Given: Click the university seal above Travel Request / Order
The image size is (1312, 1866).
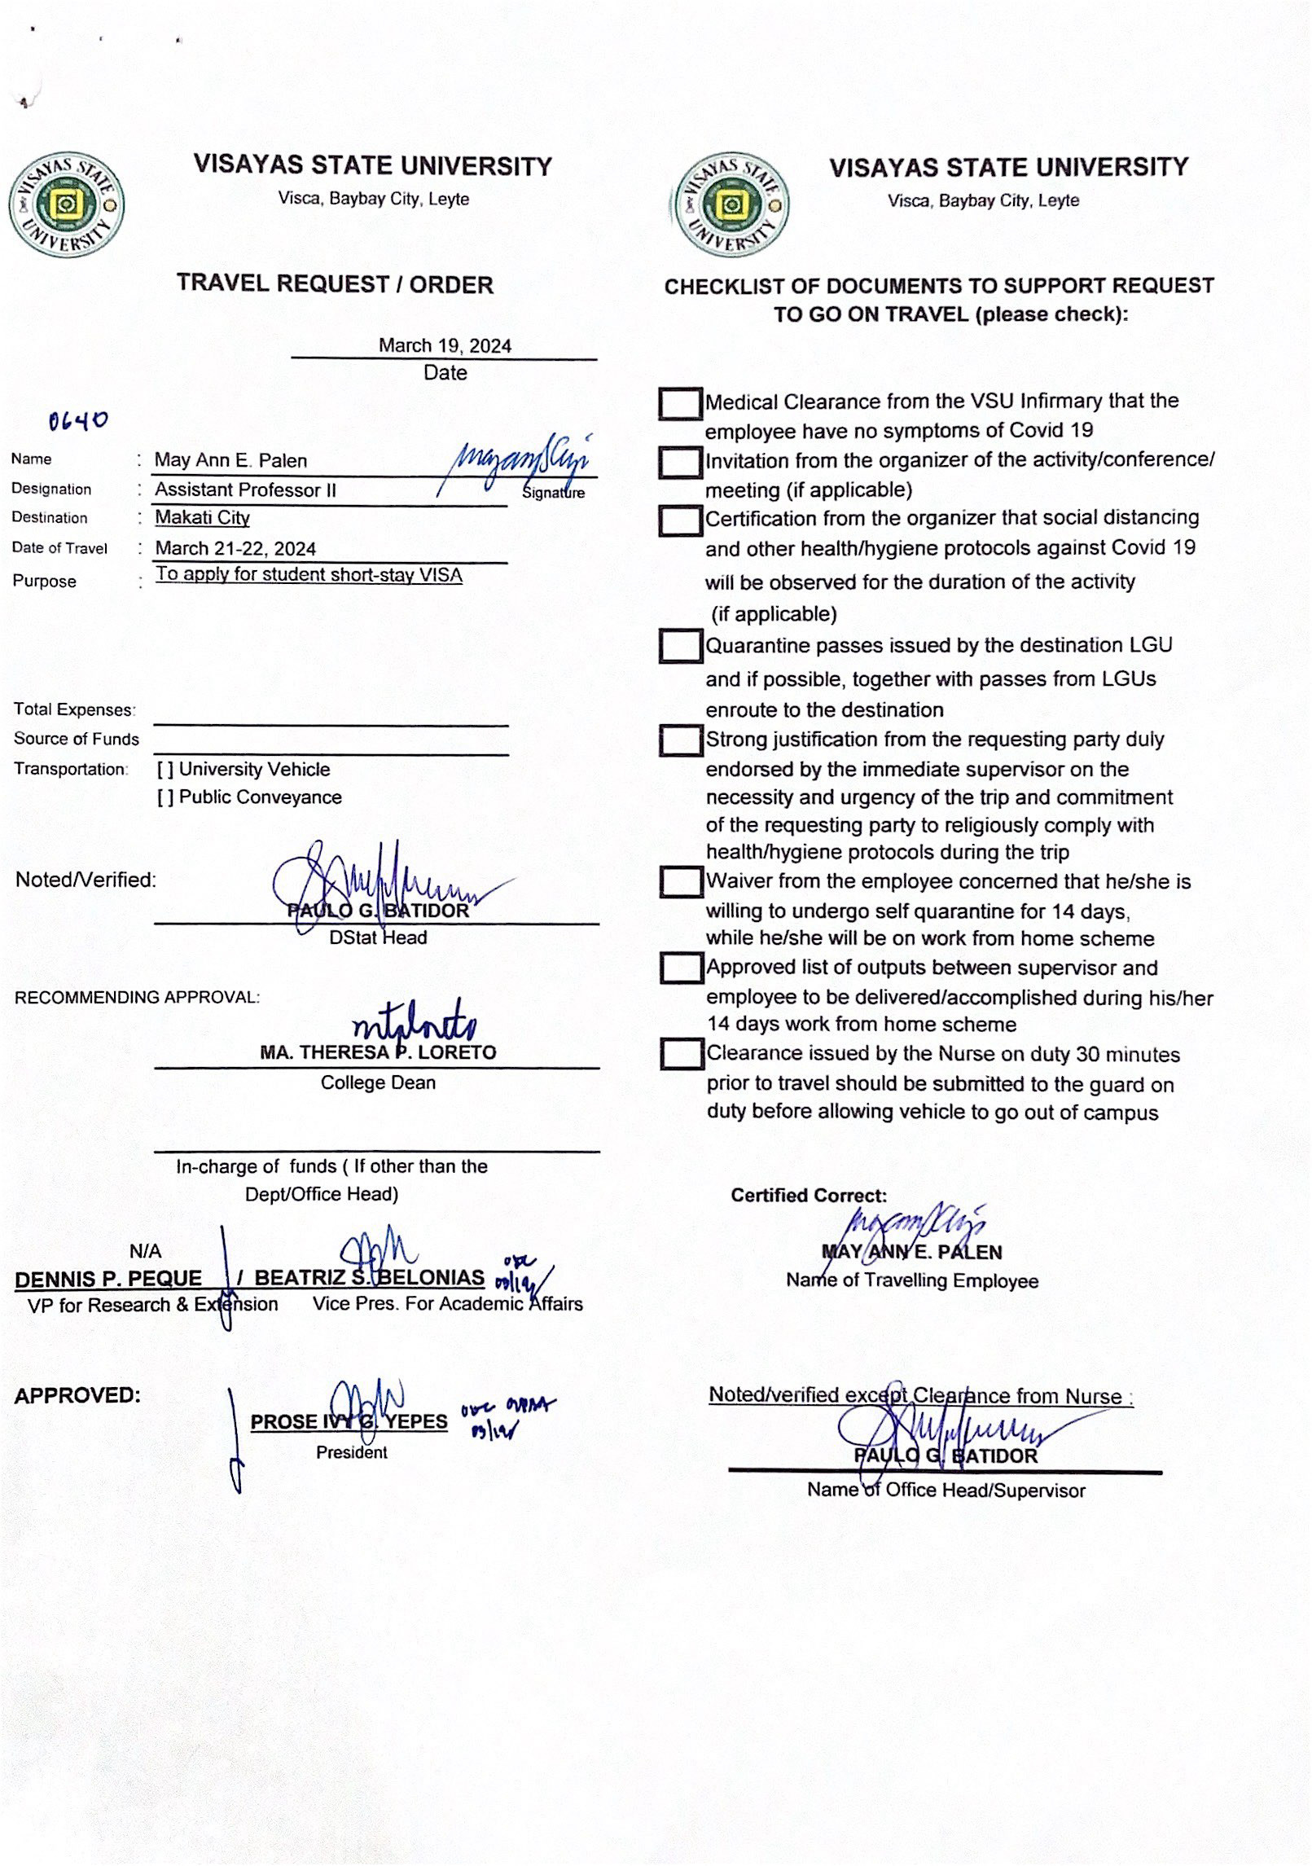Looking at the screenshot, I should tap(66, 204).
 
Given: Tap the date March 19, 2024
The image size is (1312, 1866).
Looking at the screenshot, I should tap(445, 345).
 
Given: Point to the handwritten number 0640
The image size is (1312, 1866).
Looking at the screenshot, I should tap(77, 421).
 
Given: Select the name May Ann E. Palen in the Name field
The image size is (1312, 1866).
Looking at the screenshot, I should tap(230, 460).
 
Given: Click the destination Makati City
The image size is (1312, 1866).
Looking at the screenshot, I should tap(202, 517).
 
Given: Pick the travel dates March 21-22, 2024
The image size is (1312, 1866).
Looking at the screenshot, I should tap(235, 548).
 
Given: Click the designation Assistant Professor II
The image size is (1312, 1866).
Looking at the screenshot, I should tap(245, 490).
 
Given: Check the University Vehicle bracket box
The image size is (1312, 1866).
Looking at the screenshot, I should tap(165, 770).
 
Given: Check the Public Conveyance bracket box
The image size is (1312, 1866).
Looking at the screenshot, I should tap(165, 797).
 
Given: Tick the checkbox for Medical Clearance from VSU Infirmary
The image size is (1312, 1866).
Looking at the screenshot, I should tap(680, 403).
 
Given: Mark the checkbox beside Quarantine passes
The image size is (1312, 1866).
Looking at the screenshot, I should tap(680, 646).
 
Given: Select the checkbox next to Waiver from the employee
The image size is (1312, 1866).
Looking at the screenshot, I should tap(681, 882).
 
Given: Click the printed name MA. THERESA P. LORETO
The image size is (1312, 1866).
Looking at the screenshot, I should tap(378, 1052).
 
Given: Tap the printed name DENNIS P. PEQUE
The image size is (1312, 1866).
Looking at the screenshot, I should tap(108, 1279).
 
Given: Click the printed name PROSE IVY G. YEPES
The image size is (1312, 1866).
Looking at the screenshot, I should tap(349, 1421).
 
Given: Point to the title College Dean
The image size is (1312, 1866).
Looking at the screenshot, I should tap(378, 1082).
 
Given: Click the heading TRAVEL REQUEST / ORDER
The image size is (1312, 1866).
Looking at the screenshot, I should tap(335, 284).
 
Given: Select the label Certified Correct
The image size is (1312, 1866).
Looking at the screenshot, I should tap(808, 1196).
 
